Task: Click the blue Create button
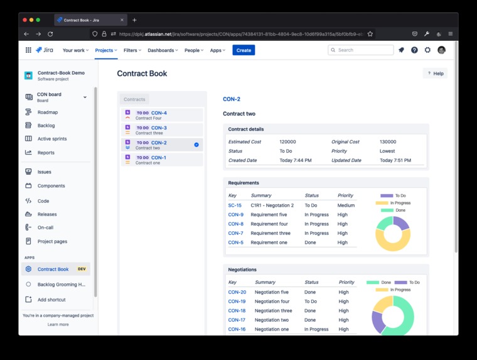244,50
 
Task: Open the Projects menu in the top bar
105,50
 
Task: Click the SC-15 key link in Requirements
235,205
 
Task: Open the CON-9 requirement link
235,215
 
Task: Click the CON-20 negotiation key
237,292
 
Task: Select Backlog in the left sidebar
46,126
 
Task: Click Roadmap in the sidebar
47,112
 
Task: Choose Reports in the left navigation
46,153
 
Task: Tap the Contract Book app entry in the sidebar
53,269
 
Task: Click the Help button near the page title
435,74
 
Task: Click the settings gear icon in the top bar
427,50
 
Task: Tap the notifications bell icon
401,50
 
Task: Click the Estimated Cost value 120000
287,142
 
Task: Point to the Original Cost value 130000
388,142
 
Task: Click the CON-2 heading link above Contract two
231,99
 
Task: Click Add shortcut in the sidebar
51,300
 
